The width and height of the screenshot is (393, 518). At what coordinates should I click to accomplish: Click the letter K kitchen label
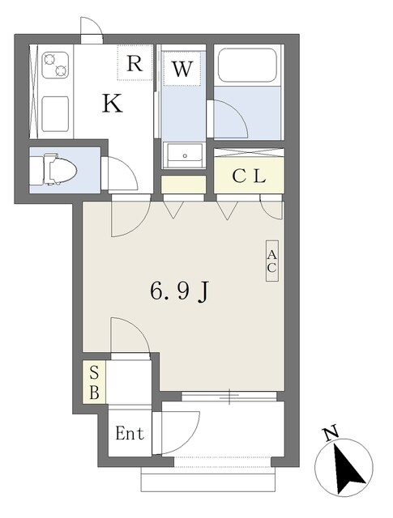coord(112,103)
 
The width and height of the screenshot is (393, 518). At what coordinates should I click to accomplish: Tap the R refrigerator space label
coord(135,63)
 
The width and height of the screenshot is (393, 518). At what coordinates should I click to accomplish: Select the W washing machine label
coord(182,69)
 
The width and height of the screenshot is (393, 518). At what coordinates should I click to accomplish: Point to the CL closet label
coord(249,176)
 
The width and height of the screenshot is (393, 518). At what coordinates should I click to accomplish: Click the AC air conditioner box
coord(272,261)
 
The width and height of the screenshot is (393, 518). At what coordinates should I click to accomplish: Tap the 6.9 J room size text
coord(180,291)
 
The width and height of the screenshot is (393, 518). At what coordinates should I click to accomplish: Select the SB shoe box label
coord(94,382)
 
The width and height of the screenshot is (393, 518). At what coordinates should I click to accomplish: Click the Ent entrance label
coord(130,433)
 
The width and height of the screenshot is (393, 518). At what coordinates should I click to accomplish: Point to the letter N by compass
coord(331,433)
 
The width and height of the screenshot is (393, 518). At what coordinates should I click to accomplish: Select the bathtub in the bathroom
coord(247,65)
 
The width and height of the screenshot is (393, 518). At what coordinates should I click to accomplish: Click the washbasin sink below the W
coord(185,155)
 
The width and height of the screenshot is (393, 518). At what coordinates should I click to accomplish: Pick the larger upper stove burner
coord(49,59)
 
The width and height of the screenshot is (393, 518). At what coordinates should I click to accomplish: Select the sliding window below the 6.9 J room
coord(229,397)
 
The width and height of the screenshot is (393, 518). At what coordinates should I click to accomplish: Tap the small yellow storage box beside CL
coord(184,185)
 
